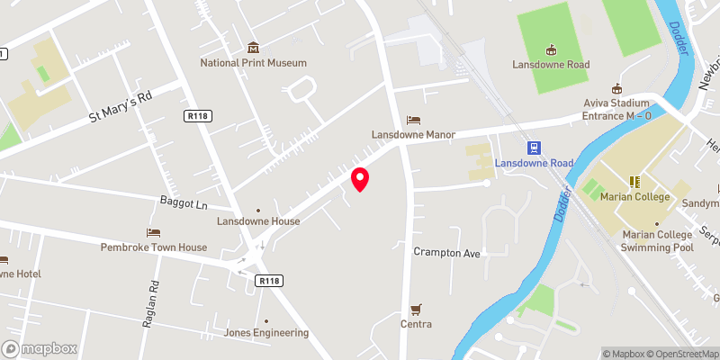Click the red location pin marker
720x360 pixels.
pyautogui.click(x=360, y=178)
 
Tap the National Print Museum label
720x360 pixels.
pyautogui.click(x=253, y=63)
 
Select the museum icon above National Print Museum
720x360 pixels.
pyautogui.click(x=253, y=47)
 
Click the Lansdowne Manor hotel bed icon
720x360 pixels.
pyautogui.click(x=414, y=119)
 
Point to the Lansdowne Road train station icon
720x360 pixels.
pyautogui.click(x=534, y=148)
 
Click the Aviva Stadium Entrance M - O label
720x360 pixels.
pyautogui.click(x=617, y=109)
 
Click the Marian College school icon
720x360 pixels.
pyautogui.click(x=633, y=181)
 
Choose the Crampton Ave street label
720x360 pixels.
pyautogui.click(x=447, y=253)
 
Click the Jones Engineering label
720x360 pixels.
pyautogui.click(x=266, y=333)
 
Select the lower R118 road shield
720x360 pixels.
pyautogui.click(x=269, y=281)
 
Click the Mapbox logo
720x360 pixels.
pyautogui.click(x=40, y=348)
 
